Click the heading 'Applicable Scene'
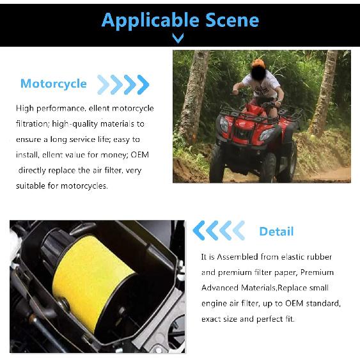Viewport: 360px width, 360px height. click(180, 19)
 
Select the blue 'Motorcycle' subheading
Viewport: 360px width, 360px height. click(53, 84)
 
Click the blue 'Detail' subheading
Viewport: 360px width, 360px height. click(276, 231)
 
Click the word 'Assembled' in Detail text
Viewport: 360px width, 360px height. click(243, 257)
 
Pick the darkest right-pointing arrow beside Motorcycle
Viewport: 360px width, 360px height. click(144, 84)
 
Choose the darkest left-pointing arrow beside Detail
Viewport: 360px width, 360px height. click(199, 230)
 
